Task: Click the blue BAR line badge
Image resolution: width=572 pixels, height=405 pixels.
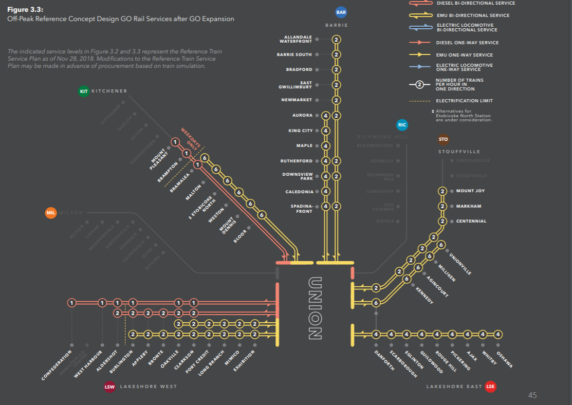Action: click(341, 12)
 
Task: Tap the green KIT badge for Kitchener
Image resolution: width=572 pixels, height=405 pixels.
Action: click(84, 91)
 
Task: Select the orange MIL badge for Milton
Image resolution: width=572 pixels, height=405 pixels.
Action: click(50, 213)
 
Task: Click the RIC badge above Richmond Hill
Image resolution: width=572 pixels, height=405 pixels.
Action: click(402, 125)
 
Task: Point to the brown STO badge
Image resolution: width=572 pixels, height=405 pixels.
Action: click(444, 139)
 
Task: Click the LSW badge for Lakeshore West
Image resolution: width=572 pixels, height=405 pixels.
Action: click(109, 387)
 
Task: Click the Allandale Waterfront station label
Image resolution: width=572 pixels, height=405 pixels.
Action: click(296, 39)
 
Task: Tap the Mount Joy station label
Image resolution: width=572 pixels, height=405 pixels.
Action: click(470, 191)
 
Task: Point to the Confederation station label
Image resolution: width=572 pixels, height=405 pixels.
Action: click(57, 365)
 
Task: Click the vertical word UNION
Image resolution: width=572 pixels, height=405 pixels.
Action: click(315, 308)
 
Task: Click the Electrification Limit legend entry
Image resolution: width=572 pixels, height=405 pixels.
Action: click(464, 101)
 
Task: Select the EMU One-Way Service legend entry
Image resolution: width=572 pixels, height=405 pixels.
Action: click(464, 55)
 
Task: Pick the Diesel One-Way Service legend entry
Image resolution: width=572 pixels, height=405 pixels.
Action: click(467, 43)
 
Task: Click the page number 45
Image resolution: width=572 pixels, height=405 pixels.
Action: click(532, 395)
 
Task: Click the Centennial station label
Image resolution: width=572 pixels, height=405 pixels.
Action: click(471, 221)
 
